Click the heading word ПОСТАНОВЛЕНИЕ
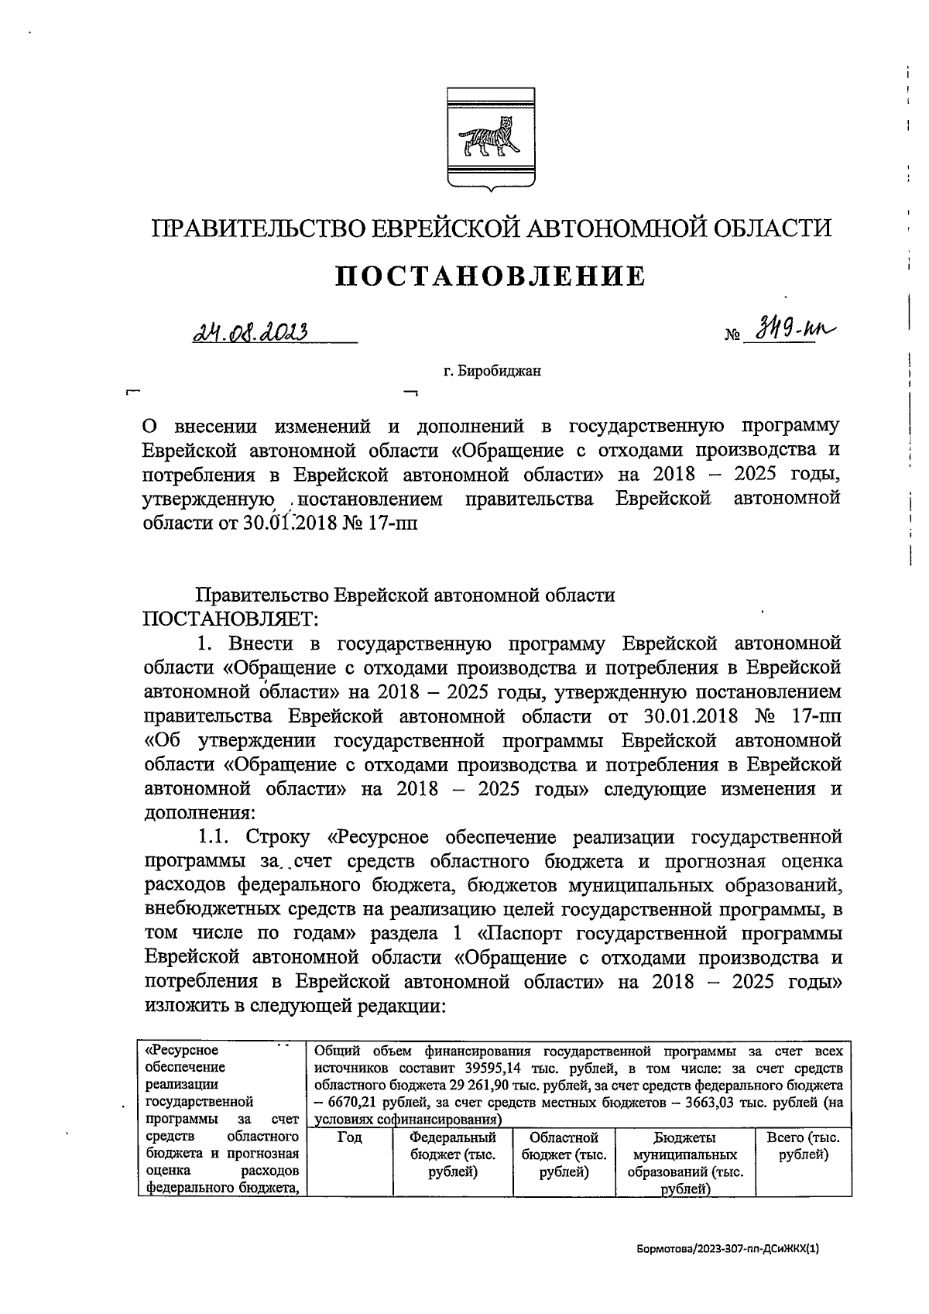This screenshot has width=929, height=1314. tap(490, 276)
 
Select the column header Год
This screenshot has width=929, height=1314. tap(350, 1138)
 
